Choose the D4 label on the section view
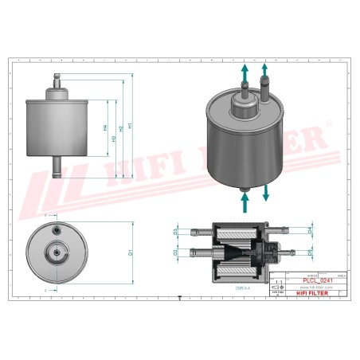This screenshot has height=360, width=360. point(309,231)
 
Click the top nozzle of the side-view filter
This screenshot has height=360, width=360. point(57,80)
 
